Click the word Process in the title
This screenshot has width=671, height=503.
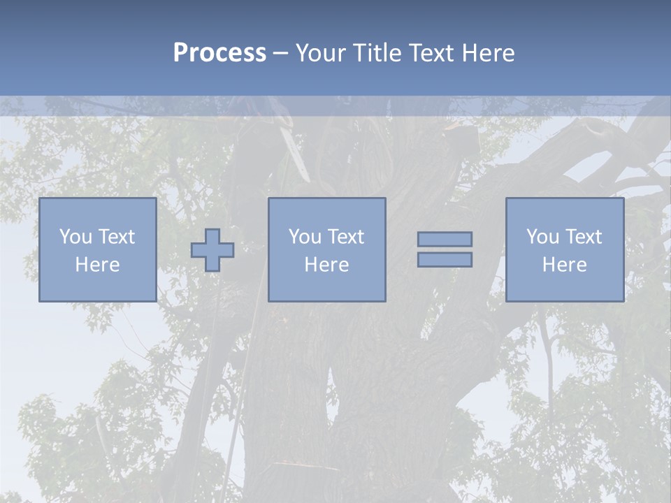(219, 53)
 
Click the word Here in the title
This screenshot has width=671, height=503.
(488, 53)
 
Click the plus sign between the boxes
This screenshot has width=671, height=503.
(212, 250)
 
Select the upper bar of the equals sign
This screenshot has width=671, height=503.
(445, 240)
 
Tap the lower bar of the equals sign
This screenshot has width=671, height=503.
(445, 260)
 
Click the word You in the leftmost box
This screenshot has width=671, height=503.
(75, 237)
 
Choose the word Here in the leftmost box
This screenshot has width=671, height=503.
(97, 265)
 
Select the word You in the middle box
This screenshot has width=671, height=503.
(304, 237)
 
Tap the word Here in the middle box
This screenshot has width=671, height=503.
(326, 265)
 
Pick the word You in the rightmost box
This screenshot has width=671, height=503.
(542, 237)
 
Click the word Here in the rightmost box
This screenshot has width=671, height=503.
(564, 265)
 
